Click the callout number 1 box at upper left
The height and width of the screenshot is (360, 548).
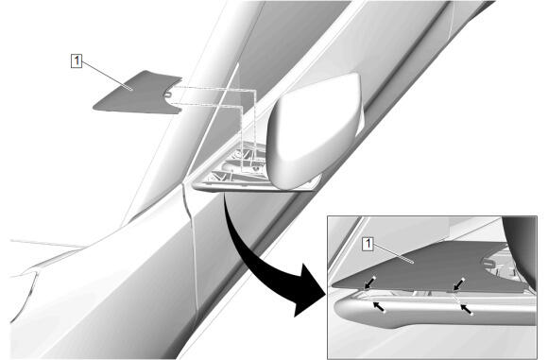coord(77,60)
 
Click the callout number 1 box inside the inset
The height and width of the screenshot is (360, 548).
coord(368,244)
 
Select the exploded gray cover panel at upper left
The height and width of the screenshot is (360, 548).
coord(136,92)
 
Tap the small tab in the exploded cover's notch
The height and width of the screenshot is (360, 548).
coord(167,94)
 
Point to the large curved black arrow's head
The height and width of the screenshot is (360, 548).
coord(308,290)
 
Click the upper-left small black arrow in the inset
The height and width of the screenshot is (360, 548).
coord(370,283)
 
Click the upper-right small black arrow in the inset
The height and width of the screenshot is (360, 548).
coord(459,284)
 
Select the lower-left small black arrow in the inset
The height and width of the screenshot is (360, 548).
coord(380,307)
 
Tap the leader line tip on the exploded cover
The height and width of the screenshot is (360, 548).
coord(131,90)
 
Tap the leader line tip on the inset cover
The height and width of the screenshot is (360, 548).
coord(413,262)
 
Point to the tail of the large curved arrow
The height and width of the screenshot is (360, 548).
coord(225,196)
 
